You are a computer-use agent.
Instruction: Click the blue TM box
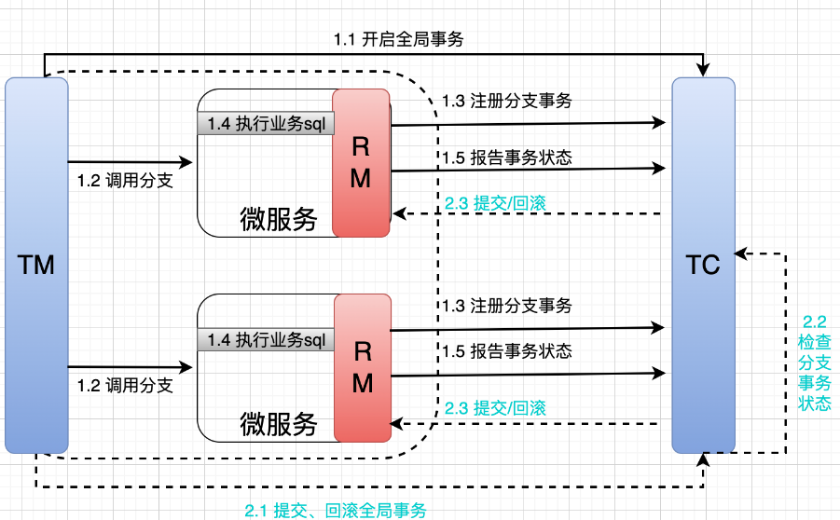point(36,266)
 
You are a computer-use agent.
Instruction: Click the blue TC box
point(703,266)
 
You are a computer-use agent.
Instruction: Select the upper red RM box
point(361,163)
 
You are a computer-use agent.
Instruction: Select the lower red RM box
point(362,367)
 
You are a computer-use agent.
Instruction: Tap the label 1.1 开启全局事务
point(398,39)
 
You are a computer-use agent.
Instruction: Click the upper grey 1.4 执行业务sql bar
point(265,122)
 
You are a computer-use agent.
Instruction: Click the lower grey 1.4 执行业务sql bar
point(265,340)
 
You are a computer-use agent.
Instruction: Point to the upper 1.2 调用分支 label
point(125,181)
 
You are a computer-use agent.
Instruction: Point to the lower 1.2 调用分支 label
point(125,385)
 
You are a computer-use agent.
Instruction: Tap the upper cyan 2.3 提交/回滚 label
point(495,203)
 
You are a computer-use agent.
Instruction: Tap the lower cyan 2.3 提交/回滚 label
point(495,407)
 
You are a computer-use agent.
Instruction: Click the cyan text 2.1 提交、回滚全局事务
point(336,510)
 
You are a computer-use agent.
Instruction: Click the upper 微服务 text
point(278,219)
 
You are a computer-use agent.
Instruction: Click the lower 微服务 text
point(278,424)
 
